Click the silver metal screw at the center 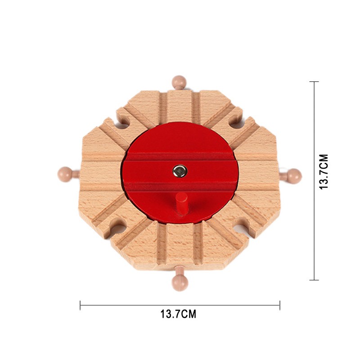(180, 171)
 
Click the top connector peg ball (179, 81)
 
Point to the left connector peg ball (65, 175)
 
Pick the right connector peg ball (294, 176)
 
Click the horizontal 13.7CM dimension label (178, 314)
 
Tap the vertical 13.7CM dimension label (324, 172)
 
